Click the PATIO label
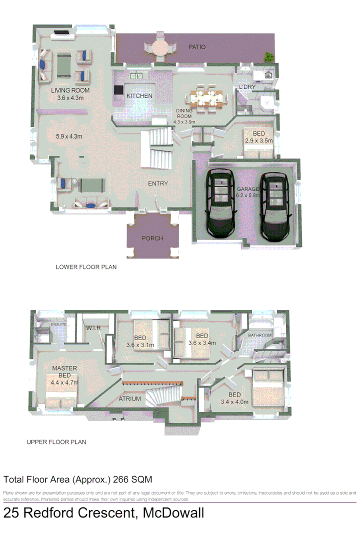click(196, 47)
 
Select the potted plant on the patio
click(269, 57)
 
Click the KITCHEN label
click(139, 96)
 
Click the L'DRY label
click(247, 87)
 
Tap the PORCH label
click(152, 238)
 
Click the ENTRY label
click(157, 183)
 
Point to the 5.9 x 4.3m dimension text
click(68, 136)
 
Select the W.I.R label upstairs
click(93, 327)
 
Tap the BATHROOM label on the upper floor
click(260, 335)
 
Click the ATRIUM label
click(129, 399)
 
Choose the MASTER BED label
click(64, 371)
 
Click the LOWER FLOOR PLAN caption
click(86, 267)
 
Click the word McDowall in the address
click(173, 513)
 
